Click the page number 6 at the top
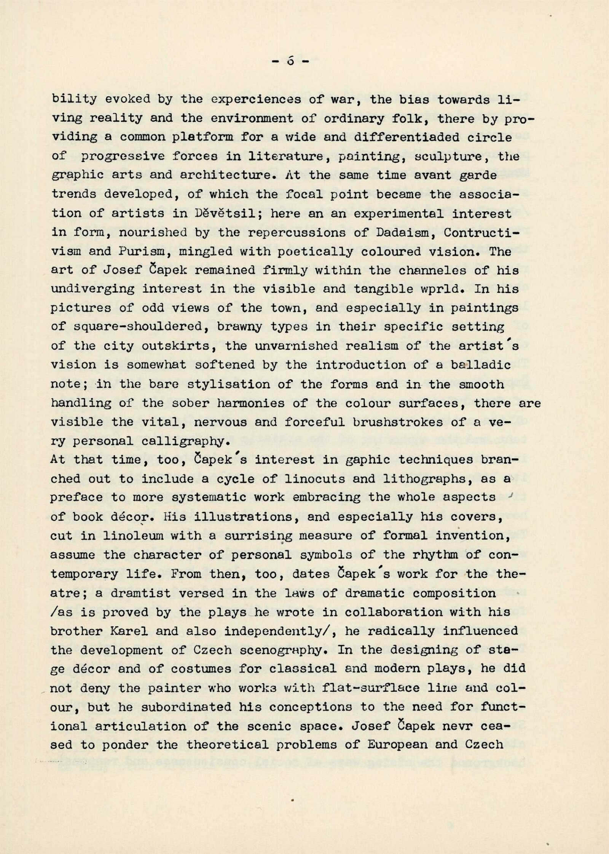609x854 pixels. click(x=291, y=61)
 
